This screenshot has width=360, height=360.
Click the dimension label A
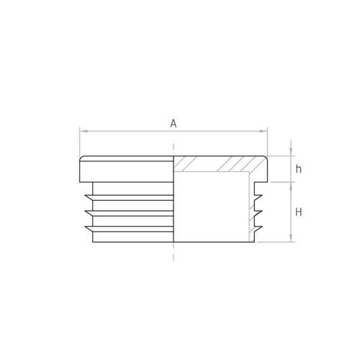pos(174,124)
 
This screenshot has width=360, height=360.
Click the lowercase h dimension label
pos(298,169)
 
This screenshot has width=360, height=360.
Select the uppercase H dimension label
pos(299,212)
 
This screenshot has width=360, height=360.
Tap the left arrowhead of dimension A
pos(83,131)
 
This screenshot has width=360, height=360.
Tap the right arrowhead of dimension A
pos(264,131)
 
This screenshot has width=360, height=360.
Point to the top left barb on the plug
pos(89,197)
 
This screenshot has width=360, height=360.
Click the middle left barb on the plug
pos(89,213)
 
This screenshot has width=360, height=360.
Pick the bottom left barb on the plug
pos(89,229)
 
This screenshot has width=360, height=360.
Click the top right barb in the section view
pos(258,197)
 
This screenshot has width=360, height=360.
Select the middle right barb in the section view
pos(258,213)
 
